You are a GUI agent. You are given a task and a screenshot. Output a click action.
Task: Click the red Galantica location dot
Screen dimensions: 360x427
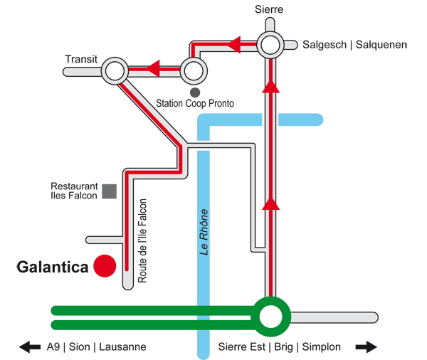pyautogui.click(x=105, y=265)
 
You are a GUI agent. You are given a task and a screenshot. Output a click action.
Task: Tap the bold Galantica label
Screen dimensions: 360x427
pyautogui.click(x=53, y=268)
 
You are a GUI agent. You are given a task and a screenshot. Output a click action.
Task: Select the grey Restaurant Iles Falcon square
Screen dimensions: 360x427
pyautogui.click(x=109, y=191)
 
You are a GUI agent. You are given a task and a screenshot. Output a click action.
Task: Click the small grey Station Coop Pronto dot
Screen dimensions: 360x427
pyautogui.click(x=194, y=92)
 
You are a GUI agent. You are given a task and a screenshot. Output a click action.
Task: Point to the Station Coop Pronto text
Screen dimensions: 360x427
pyautogui.click(x=195, y=104)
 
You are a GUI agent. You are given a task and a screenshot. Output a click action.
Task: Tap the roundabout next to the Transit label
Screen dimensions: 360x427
pyautogui.click(x=115, y=71)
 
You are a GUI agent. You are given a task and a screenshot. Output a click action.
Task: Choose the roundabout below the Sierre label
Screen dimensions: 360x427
pyautogui.click(x=270, y=46)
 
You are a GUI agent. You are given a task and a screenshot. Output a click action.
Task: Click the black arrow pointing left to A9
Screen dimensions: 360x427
pyautogui.click(x=30, y=347)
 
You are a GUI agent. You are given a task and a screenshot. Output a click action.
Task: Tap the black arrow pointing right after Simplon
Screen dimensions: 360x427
pyautogui.click(x=365, y=347)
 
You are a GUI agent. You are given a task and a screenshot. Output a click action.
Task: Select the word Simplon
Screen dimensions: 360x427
pyautogui.click(x=321, y=347)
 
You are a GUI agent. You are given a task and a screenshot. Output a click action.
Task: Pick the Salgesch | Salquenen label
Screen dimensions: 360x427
pyautogui.click(x=354, y=44)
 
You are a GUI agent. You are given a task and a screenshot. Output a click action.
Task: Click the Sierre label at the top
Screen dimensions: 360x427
pyautogui.click(x=269, y=10)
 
